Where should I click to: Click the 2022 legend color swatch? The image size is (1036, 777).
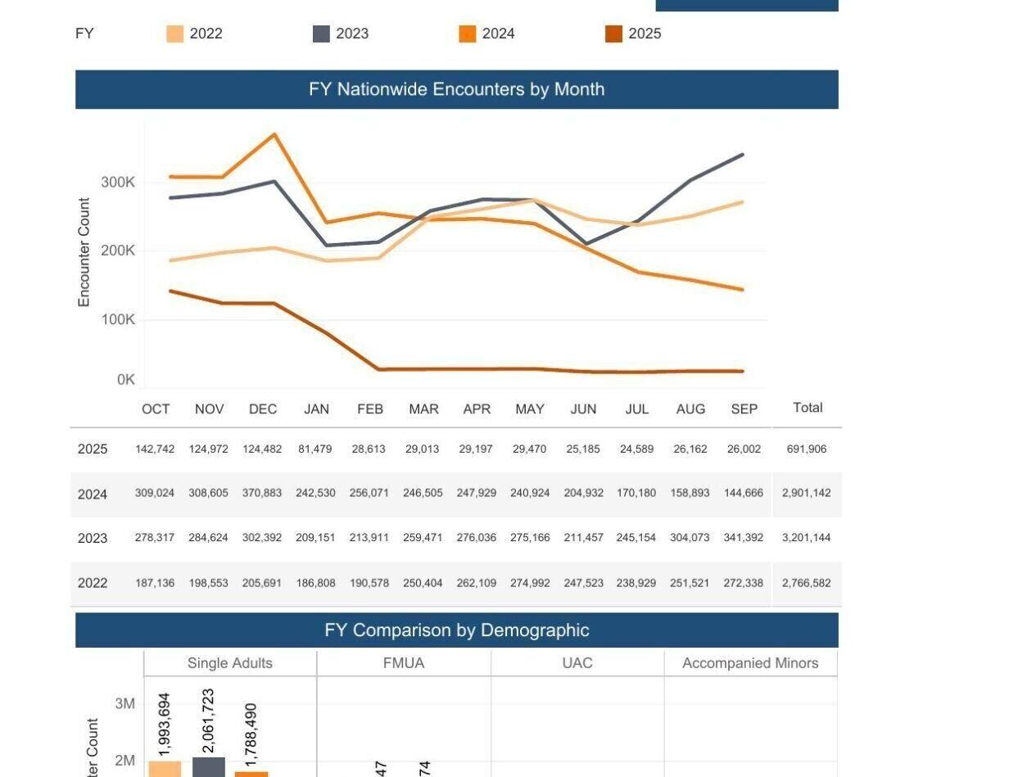(175, 34)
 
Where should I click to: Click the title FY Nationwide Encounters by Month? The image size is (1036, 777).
(456, 89)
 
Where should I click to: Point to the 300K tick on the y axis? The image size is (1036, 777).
(118, 182)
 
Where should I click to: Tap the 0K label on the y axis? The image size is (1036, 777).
(125, 379)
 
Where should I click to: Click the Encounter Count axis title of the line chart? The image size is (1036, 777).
(84, 252)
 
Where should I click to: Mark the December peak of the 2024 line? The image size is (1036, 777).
(274, 134)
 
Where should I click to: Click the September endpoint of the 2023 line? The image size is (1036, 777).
(743, 155)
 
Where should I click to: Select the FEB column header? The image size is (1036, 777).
(370, 409)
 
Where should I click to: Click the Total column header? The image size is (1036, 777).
(808, 408)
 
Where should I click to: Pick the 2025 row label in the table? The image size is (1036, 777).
(93, 449)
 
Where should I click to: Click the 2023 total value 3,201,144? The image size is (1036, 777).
(807, 538)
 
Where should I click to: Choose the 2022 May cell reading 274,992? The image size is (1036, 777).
(530, 583)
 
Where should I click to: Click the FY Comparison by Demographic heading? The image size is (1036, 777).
(456, 630)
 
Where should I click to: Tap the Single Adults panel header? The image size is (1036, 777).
(230, 663)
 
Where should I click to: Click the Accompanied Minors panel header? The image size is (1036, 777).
(750, 663)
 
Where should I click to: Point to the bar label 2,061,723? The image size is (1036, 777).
(208, 721)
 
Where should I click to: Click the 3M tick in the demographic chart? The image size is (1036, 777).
(124, 704)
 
